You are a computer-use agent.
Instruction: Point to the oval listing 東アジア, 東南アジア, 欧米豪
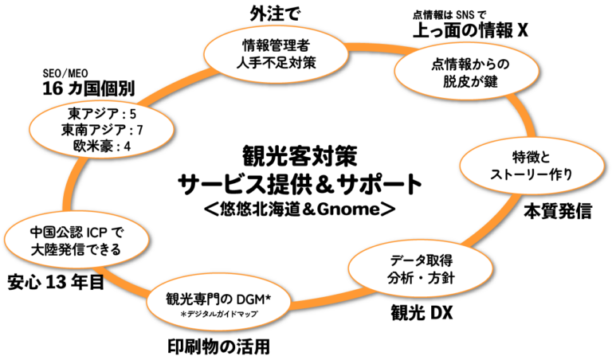tap(101, 130)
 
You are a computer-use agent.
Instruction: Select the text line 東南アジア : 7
tap(101, 130)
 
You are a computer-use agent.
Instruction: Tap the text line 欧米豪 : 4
tap(101, 147)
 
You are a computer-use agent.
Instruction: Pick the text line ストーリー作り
tap(528, 174)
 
